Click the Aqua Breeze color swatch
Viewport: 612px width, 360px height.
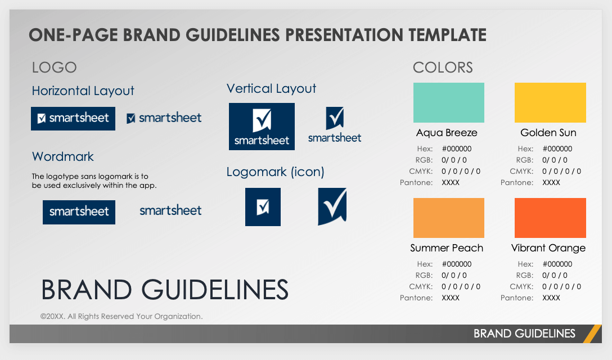pyautogui.click(x=448, y=103)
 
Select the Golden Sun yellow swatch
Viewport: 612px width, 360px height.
pyautogui.click(x=550, y=103)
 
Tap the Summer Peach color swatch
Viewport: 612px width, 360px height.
pyautogui.click(x=448, y=218)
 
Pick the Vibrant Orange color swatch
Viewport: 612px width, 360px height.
pyautogui.click(x=550, y=218)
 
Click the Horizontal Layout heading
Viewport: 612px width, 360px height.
pyautogui.click(x=83, y=91)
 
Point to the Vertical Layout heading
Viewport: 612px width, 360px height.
pyautogui.click(x=271, y=89)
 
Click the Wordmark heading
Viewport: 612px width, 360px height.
pyautogui.click(x=63, y=156)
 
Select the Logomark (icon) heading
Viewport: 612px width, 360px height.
pyautogui.click(x=275, y=172)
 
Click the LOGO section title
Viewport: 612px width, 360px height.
pyautogui.click(x=54, y=67)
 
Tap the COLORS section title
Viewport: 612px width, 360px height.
pyautogui.click(x=443, y=67)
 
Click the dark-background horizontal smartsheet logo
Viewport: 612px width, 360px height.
pyautogui.click(x=73, y=119)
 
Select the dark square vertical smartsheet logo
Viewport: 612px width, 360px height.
pyautogui.click(x=262, y=127)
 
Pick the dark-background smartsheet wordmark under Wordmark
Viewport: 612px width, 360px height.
pyautogui.click(x=79, y=213)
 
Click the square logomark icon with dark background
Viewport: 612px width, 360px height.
pyautogui.click(x=263, y=207)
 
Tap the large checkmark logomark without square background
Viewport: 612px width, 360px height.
pyautogui.click(x=332, y=206)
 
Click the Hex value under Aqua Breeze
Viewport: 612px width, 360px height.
pyautogui.click(x=457, y=148)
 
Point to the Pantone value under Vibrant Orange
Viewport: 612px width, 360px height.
pyautogui.click(x=551, y=298)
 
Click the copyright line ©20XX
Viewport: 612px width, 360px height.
pyautogui.click(x=121, y=316)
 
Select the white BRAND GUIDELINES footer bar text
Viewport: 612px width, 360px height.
pyautogui.click(x=524, y=334)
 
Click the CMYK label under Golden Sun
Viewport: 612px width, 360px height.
pyautogui.click(x=521, y=171)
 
